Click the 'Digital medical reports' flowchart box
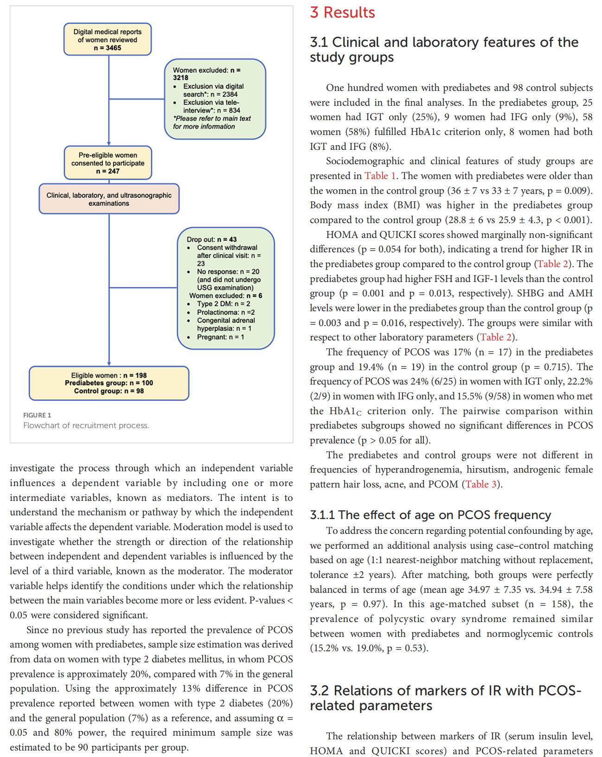tap(108, 39)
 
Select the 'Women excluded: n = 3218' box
tap(215, 99)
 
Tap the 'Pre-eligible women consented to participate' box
tap(108, 163)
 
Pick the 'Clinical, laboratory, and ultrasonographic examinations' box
tap(109, 199)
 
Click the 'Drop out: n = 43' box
tap(226, 288)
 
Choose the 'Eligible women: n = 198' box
tap(109, 383)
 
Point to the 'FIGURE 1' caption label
tap(37, 415)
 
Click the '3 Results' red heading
tap(342, 13)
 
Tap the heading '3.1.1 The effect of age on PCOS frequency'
tap(430, 515)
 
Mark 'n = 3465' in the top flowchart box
tap(108, 48)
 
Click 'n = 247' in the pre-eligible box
tap(108, 171)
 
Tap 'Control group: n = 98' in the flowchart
tap(109, 391)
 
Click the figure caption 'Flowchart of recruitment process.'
tap(86, 425)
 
